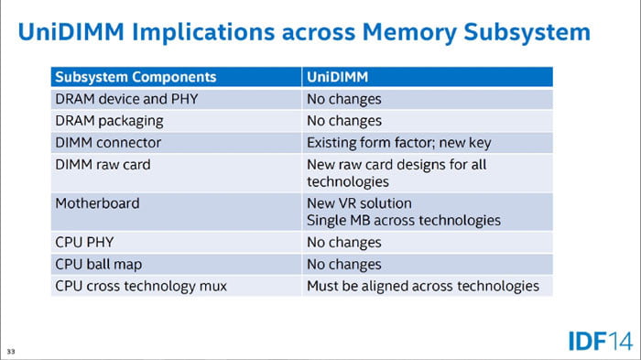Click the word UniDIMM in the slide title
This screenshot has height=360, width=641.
point(71,31)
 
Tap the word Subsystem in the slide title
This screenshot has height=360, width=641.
point(527,32)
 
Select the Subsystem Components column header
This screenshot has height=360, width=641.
point(136,77)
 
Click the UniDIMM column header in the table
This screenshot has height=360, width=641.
point(337,77)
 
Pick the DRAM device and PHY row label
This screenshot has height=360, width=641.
point(126,99)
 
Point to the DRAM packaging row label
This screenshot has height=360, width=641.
point(109,121)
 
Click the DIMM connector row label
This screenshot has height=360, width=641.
point(108,143)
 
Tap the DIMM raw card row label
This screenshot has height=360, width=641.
point(103,165)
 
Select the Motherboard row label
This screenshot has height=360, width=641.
point(97,203)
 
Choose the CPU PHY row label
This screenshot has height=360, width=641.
point(84,242)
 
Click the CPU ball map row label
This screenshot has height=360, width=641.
point(99,264)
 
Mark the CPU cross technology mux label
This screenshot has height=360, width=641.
point(141,286)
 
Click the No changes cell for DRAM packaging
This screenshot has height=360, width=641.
point(344,121)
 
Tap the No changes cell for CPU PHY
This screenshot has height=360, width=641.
point(344,243)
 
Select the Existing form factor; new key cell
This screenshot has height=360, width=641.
point(399,143)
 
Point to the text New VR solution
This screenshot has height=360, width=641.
point(359,203)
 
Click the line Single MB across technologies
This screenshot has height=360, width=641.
point(404,221)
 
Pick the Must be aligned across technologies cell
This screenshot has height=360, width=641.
point(423,287)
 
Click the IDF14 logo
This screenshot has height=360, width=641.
point(601,341)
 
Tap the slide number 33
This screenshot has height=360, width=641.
point(11,352)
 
